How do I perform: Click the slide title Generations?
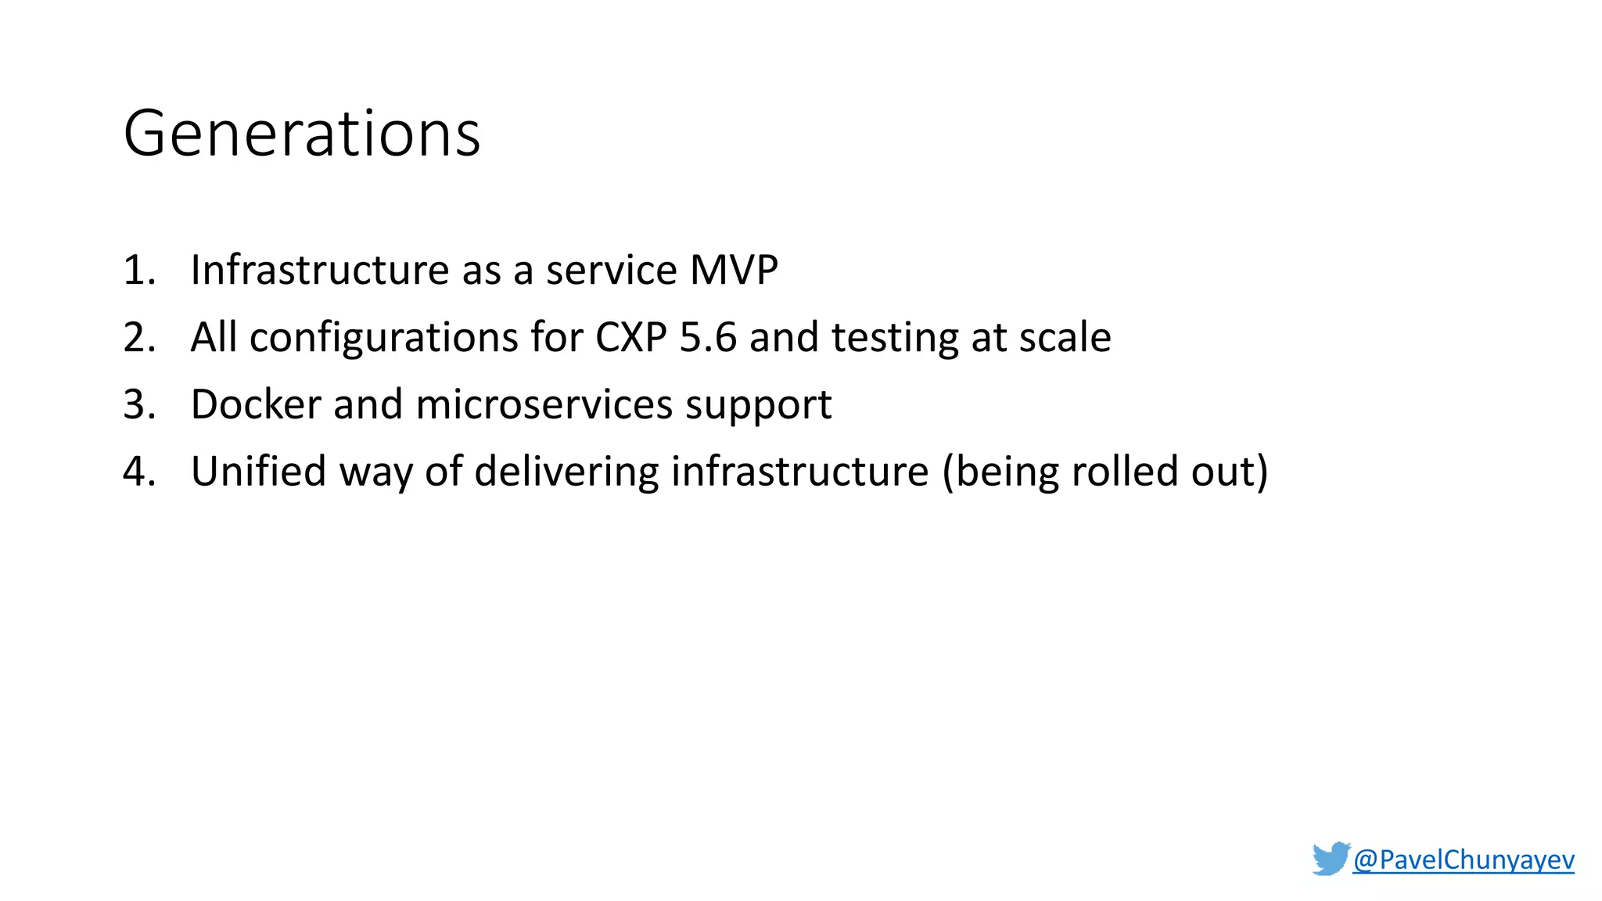point(302,134)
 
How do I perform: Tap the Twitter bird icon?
point(1331,858)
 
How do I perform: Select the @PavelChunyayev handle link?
point(1463,860)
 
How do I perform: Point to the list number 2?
point(139,338)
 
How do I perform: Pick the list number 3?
point(139,405)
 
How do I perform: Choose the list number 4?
point(139,472)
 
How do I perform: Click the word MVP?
point(734,271)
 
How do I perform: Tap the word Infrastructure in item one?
point(319,271)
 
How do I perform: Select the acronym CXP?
point(630,338)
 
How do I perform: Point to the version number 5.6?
point(708,338)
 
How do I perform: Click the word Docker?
point(256,405)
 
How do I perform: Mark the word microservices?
point(544,405)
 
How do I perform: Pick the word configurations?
point(383,338)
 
